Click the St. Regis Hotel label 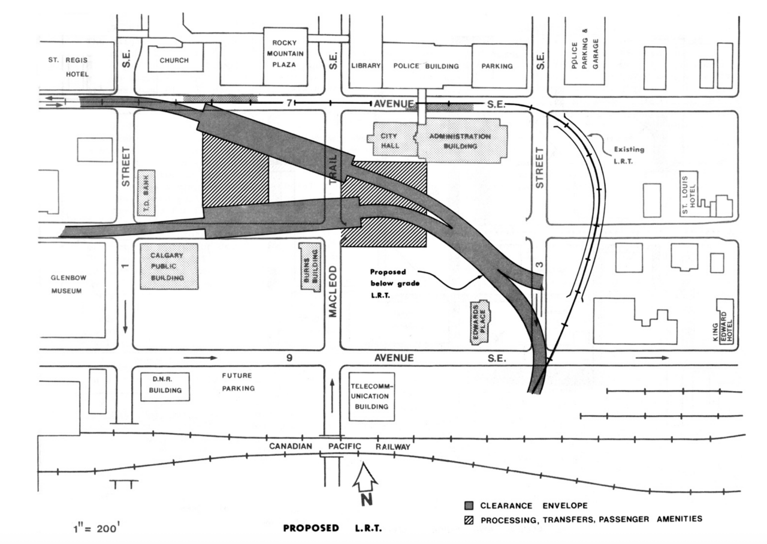69,67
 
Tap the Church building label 174,61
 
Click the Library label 366,66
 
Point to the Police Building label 426,66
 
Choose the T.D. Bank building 147,197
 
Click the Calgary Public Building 169,266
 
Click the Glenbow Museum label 66,285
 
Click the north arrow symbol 366,483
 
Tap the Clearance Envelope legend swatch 469,506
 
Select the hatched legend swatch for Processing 469,519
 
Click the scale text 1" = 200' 99,530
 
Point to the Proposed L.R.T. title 332,528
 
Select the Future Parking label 238,382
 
